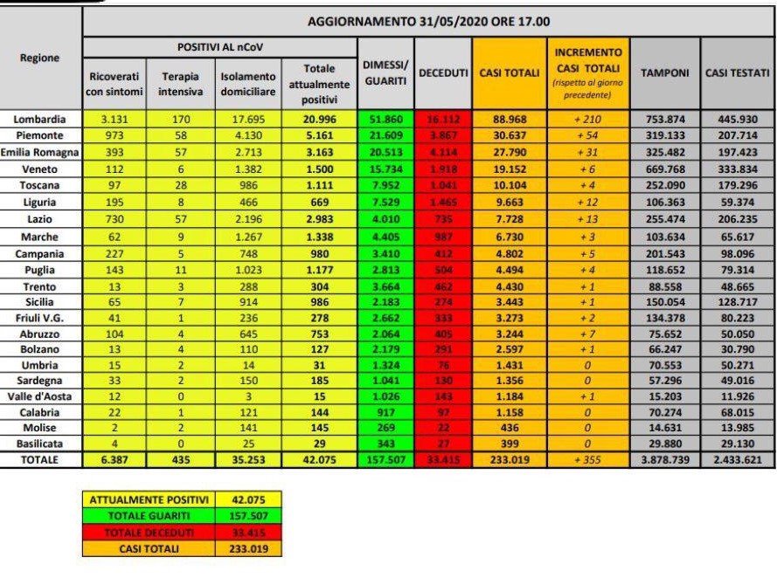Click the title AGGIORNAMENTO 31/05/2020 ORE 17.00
[427, 21]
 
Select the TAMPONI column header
[664, 74]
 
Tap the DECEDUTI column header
[443, 74]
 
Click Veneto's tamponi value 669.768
[664, 169]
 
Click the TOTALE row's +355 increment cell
[587, 459]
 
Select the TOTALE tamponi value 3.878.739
[664, 459]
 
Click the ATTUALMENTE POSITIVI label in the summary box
[147, 499]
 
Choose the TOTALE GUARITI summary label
[147, 516]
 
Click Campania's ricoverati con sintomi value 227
[115, 253]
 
